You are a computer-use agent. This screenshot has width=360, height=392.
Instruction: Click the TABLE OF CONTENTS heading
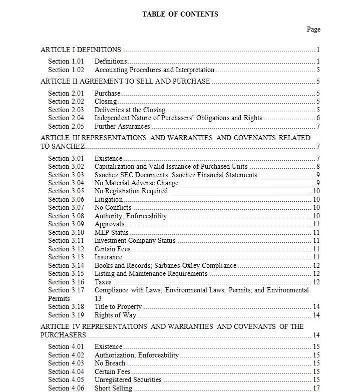click(x=180, y=14)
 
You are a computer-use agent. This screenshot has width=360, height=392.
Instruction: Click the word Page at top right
click(x=313, y=29)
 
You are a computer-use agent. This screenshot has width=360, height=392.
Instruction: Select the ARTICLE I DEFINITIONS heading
click(x=81, y=50)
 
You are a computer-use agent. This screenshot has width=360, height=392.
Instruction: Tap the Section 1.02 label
click(x=66, y=70)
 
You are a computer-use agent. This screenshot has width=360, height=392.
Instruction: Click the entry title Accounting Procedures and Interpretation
click(x=154, y=70)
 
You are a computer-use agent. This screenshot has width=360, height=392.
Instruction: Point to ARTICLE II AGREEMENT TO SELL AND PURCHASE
click(x=125, y=81)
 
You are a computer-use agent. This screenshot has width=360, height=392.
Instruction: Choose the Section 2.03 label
click(x=66, y=110)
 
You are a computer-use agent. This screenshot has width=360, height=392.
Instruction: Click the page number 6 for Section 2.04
click(x=318, y=118)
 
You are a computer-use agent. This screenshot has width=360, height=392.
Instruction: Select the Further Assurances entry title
click(x=122, y=126)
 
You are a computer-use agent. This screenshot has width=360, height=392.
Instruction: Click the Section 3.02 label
click(x=66, y=166)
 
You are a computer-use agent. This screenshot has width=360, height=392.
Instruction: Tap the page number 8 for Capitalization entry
click(x=318, y=166)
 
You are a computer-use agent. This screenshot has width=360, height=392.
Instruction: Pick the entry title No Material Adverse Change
click(x=136, y=183)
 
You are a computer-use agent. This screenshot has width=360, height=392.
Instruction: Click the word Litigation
click(x=109, y=199)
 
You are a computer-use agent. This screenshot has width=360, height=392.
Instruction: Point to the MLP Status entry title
click(x=112, y=232)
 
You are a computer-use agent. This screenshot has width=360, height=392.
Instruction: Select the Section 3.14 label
click(x=66, y=265)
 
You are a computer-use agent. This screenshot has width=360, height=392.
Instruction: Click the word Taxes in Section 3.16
click(x=103, y=282)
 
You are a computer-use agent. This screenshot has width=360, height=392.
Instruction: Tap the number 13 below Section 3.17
click(x=98, y=298)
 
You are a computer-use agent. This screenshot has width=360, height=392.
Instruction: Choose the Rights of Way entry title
click(x=116, y=315)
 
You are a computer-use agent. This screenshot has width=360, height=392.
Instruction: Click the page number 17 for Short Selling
click(x=316, y=388)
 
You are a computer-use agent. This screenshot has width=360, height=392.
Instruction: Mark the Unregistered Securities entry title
click(x=128, y=379)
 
